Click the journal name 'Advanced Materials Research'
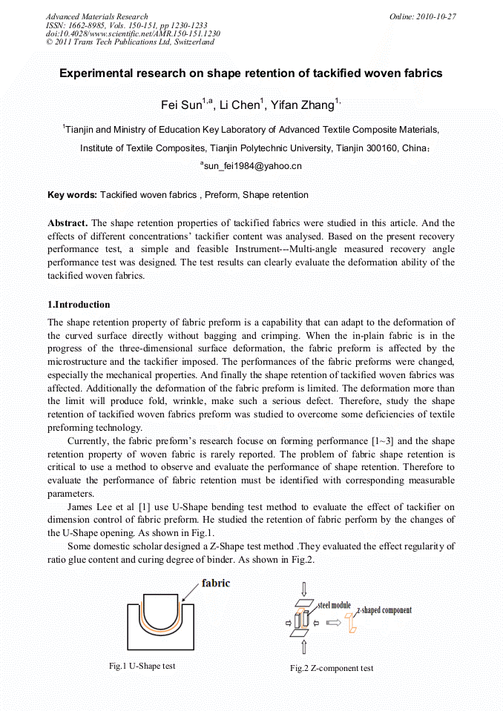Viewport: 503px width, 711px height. coord(97,16)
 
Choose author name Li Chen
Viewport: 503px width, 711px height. coord(242,105)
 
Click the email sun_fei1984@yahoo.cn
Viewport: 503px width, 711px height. coord(252,166)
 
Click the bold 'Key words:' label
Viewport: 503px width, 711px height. coord(72,195)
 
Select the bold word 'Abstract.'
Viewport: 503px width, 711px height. coord(68,223)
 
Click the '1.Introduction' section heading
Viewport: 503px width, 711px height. coord(79,304)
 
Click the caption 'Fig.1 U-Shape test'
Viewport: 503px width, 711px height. coord(142,666)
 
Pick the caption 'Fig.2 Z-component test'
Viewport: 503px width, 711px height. coord(332,668)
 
